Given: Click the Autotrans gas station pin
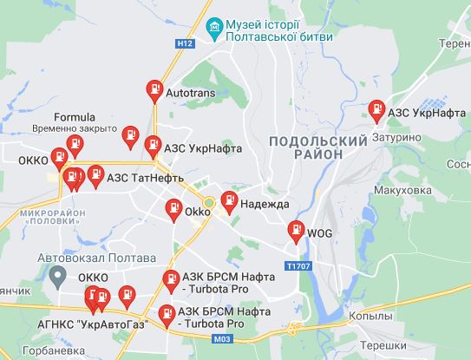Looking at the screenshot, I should pos(154,89).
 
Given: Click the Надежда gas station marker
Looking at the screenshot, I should pos(229,200).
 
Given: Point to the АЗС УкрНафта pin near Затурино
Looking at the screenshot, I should pos(376,111).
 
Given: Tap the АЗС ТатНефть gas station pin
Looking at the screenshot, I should pos(95,175).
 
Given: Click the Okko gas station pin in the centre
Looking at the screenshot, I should pos(173,209).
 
